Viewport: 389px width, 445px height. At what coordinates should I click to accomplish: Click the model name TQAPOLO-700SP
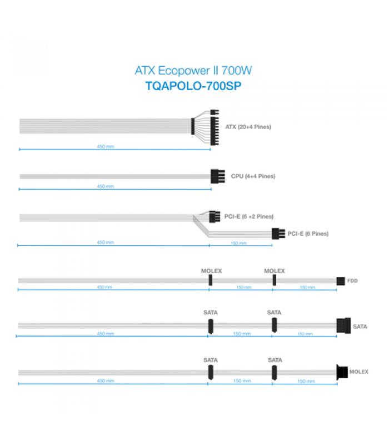(193, 86)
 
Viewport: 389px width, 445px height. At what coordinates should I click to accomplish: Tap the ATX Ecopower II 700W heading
(193, 71)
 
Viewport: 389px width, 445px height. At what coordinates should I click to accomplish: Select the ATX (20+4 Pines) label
(248, 127)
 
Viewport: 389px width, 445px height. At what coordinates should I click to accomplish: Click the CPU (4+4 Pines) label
(253, 176)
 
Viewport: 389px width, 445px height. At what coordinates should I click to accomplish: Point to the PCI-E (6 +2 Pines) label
(249, 216)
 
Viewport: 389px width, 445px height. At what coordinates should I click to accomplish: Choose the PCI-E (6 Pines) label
(308, 234)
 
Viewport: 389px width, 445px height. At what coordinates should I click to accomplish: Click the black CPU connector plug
(218, 176)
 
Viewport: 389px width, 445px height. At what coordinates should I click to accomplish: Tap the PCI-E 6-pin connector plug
(278, 234)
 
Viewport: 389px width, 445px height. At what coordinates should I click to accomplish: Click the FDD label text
(352, 281)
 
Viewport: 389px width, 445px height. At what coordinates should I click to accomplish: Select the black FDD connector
(341, 281)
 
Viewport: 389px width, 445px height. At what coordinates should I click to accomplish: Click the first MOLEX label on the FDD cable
(212, 271)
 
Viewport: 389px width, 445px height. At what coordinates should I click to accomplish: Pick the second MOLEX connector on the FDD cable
(275, 280)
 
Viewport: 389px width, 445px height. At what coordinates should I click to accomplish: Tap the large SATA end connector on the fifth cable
(343, 325)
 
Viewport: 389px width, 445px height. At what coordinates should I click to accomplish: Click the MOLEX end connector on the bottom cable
(342, 372)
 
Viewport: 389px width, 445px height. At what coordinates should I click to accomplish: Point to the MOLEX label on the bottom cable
(358, 372)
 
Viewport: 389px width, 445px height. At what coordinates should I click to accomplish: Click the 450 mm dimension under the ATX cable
(106, 146)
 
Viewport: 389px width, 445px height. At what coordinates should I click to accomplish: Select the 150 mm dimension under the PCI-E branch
(239, 243)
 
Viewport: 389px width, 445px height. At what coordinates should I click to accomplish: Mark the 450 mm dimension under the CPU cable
(106, 186)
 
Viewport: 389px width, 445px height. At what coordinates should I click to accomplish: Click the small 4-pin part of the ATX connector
(215, 112)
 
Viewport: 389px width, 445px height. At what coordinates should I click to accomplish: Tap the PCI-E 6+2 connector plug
(215, 216)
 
